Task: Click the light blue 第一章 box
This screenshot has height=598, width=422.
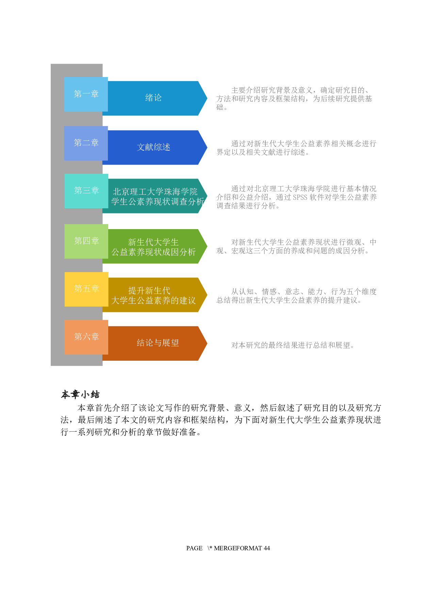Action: coord(86,94)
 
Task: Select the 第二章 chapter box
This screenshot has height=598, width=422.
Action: coord(86,143)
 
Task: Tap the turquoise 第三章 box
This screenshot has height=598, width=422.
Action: coord(86,191)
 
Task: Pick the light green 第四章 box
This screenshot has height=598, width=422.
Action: coord(86,241)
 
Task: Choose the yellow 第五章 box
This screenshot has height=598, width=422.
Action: coord(86,289)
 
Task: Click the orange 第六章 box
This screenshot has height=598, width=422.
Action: coord(86,337)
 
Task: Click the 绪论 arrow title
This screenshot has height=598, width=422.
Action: coord(153,98)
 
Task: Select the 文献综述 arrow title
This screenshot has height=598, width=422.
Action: coord(153,147)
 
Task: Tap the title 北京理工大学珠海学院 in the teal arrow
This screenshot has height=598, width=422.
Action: coord(155,192)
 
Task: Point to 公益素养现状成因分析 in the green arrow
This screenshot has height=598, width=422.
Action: coord(153,252)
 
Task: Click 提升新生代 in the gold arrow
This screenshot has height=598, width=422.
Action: coord(149,290)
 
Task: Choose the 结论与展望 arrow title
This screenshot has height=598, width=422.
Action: coord(158,343)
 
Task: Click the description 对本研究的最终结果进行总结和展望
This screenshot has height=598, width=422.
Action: coord(292,345)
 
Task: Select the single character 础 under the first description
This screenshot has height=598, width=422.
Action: coord(220,107)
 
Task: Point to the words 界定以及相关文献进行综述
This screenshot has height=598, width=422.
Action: coord(262,152)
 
